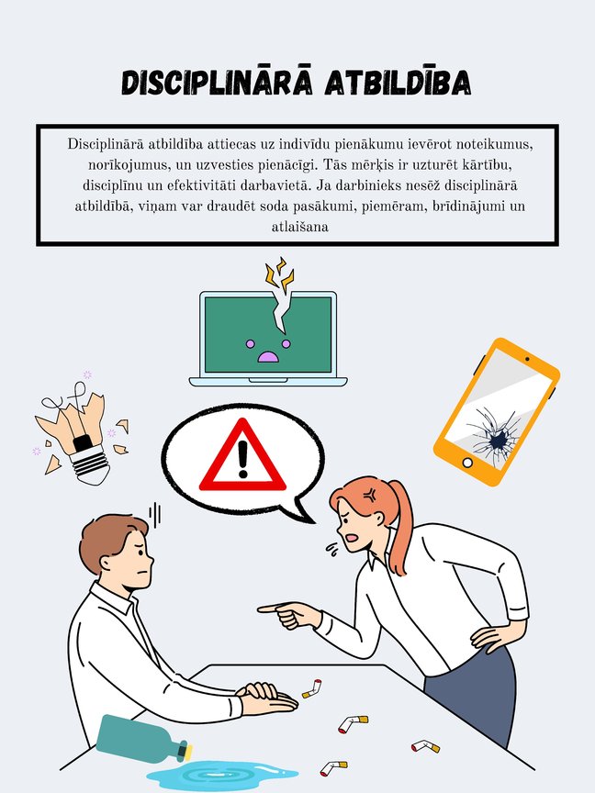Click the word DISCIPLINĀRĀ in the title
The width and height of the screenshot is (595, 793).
pyautogui.click(x=217, y=84)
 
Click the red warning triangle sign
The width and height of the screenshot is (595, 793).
pyautogui.click(x=242, y=456)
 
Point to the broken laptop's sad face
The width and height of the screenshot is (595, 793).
pyautogui.click(x=267, y=349)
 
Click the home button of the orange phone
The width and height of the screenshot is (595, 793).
pyautogui.click(x=468, y=462)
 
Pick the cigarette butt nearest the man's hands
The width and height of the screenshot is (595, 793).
pyautogui.click(x=312, y=687)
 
